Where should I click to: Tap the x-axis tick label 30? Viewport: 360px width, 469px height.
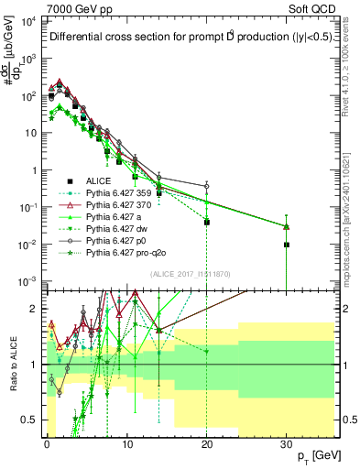pos(287,442)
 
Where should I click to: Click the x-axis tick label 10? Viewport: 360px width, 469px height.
pos(126,442)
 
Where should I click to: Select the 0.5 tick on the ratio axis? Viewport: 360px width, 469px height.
pos(33,420)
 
